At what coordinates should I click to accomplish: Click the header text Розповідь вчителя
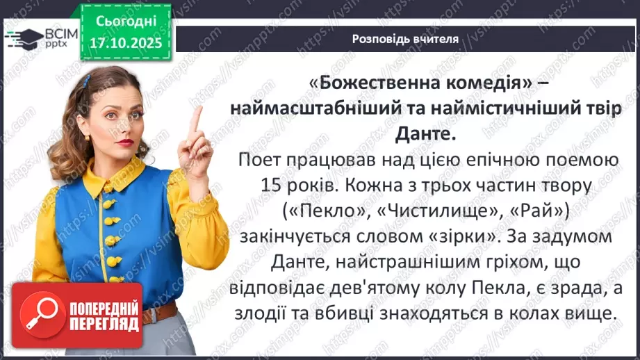pyautogui.click(x=405, y=39)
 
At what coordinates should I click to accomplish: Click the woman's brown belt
pyautogui.click(x=156, y=314)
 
